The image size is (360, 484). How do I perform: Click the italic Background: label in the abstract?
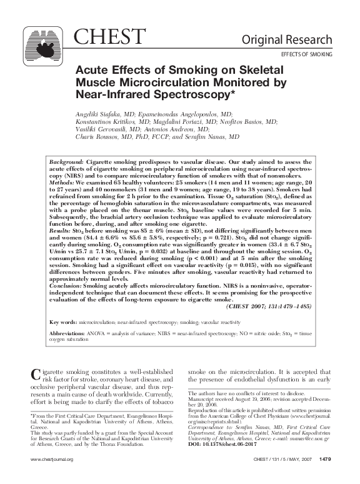tap(66, 161)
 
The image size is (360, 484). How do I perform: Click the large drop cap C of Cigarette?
tap(36, 375)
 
